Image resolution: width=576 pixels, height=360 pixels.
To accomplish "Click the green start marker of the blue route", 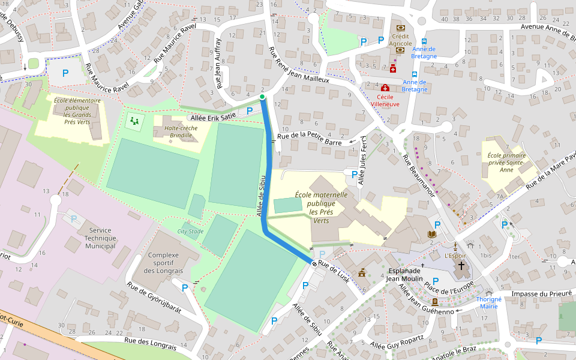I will (x=262, y=97).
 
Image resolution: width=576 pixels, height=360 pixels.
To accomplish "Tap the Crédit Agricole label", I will (x=400, y=40).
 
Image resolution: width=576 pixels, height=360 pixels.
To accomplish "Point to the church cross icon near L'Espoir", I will (x=461, y=265).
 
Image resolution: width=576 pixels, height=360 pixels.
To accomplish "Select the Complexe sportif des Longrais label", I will (x=163, y=263).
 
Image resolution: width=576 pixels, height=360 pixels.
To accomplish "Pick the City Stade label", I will (x=190, y=231).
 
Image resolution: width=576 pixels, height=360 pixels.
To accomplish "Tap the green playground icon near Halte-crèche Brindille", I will (x=134, y=121).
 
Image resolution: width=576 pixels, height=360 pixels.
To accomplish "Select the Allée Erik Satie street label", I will (x=214, y=117).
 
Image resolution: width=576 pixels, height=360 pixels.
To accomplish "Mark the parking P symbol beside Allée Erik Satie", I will (x=250, y=111).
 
